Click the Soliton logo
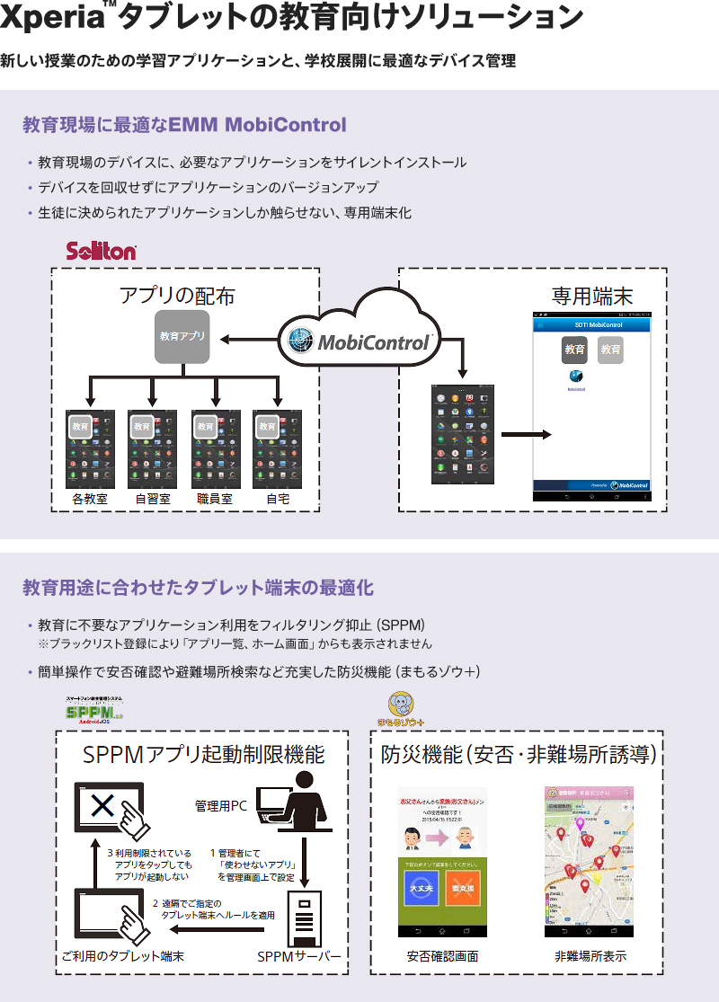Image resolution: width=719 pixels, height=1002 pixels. click(x=102, y=251)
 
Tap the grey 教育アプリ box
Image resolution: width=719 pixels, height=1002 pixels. click(x=182, y=337)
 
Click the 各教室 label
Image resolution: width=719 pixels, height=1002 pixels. click(x=90, y=499)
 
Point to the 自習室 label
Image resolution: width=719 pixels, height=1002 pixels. click(x=153, y=499)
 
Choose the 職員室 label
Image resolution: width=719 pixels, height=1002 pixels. click(x=215, y=499)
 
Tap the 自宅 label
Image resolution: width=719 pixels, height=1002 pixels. click(x=278, y=499)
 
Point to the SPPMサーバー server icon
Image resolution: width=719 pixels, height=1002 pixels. click(x=303, y=918)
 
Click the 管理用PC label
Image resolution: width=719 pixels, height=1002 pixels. click(x=220, y=805)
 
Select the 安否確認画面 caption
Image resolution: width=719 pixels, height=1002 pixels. click(x=442, y=957)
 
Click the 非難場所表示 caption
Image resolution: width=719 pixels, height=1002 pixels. click(x=590, y=957)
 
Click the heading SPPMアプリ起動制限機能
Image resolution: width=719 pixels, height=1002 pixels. click(x=203, y=756)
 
